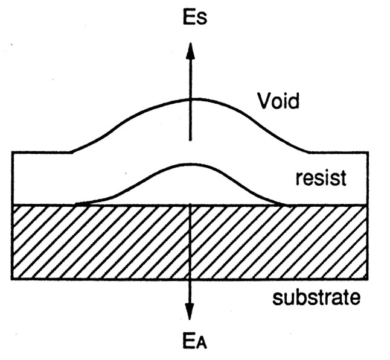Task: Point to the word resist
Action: point(321,179)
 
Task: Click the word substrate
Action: point(316,297)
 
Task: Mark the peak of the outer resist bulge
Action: point(190,98)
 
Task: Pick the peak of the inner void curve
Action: point(190,164)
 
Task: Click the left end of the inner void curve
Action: point(75,204)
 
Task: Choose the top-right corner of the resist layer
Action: point(367,153)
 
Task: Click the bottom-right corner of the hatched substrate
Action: point(367,279)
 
